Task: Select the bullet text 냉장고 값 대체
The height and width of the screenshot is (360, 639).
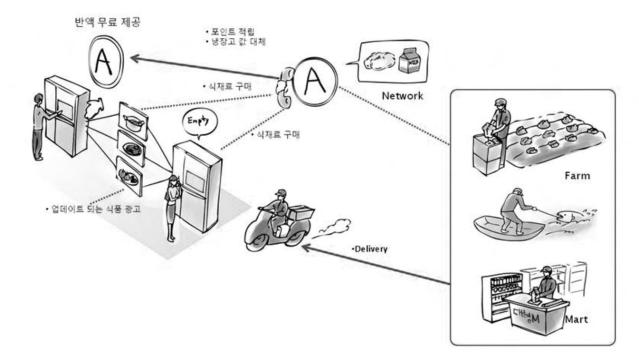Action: click(237, 44)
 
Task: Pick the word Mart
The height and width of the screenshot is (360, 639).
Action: click(576, 323)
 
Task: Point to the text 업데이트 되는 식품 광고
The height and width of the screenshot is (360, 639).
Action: click(95, 211)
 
